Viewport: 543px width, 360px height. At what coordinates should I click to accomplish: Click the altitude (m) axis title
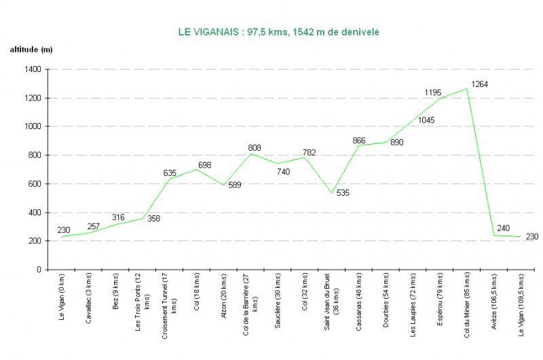(x=31, y=50)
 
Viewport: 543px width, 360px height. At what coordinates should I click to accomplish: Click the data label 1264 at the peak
(x=480, y=84)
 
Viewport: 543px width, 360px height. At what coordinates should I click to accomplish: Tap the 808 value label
(x=254, y=147)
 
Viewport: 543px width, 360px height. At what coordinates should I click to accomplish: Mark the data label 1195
(x=433, y=92)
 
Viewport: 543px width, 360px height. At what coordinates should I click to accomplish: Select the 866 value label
(x=359, y=141)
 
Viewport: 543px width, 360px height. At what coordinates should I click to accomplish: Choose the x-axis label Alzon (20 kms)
(x=225, y=292)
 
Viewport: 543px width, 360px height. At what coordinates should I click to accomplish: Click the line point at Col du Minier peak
(x=467, y=88)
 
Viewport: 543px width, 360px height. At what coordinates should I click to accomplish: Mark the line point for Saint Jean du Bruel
(x=332, y=193)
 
